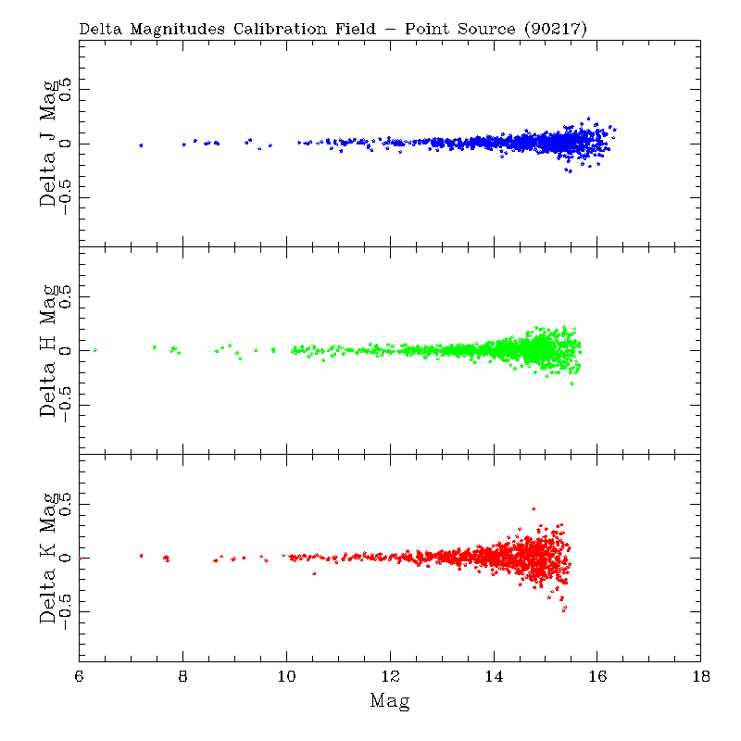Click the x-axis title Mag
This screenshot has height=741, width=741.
[390, 701]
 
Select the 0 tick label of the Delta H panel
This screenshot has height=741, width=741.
[66, 351]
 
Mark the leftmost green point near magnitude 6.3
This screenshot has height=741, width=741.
[94, 350]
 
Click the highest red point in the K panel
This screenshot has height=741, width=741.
[534, 509]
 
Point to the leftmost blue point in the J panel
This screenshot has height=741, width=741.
[141, 144]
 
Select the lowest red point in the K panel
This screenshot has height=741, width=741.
[563, 610]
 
